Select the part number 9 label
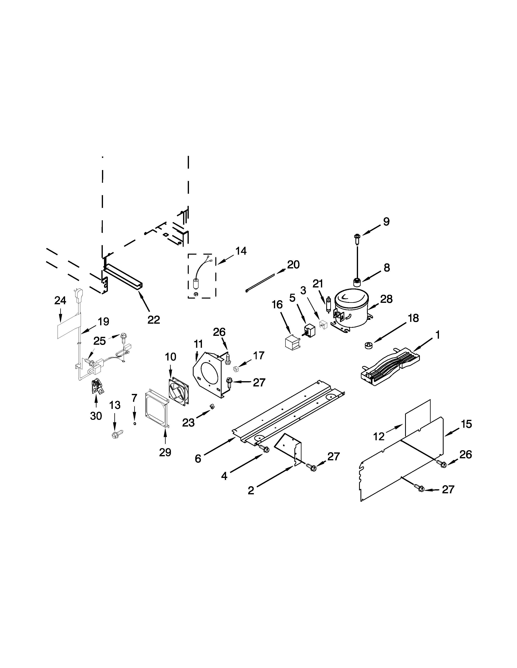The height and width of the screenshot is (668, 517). (386, 222)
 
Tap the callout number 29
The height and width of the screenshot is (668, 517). (165, 452)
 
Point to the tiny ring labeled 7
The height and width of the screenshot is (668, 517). (134, 424)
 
